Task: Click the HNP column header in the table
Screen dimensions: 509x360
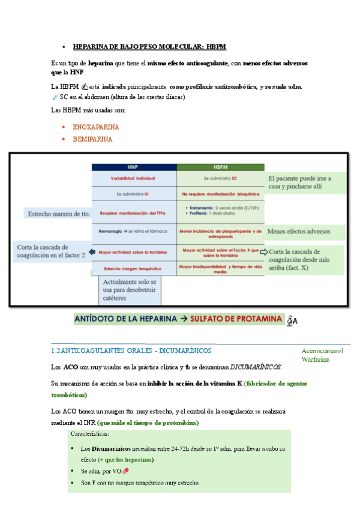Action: coord(133,167)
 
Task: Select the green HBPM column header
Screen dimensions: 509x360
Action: coord(220,167)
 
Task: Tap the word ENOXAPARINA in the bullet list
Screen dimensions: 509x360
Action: coord(95,127)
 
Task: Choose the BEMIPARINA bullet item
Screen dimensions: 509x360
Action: coord(92,139)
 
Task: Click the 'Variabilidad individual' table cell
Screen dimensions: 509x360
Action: coord(133,179)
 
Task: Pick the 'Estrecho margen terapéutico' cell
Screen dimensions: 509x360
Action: coord(133,268)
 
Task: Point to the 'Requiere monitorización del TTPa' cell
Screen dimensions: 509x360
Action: coord(133,213)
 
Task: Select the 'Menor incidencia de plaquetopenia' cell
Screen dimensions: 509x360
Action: coord(220,231)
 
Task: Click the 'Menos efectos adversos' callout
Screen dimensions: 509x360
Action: coord(298,231)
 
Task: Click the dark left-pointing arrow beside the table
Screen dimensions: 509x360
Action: coord(92,251)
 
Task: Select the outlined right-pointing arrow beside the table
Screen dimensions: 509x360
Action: coord(264,251)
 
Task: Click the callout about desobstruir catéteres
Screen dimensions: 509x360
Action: coord(130,291)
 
